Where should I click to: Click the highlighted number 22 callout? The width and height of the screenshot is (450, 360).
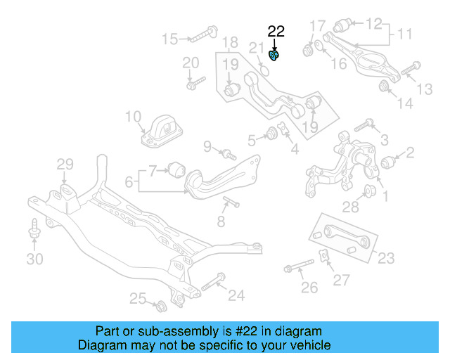(276, 31)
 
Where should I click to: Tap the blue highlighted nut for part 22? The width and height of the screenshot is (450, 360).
(275, 54)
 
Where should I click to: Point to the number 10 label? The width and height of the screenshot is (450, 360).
(134, 116)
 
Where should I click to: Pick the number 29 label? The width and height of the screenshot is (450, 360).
(65, 165)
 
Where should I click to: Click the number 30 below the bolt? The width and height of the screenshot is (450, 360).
(34, 259)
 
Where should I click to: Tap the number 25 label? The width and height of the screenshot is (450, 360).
(138, 300)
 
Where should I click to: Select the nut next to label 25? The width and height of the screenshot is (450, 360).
(160, 305)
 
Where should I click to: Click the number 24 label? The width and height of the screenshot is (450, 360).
(236, 295)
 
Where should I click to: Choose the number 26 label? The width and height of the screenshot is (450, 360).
(309, 288)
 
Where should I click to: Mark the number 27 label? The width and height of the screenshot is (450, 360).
(341, 280)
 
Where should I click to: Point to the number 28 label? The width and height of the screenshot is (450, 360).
(351, 206)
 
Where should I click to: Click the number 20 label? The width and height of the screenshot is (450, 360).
(191, 63)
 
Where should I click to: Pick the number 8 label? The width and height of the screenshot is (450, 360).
(220, 222)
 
